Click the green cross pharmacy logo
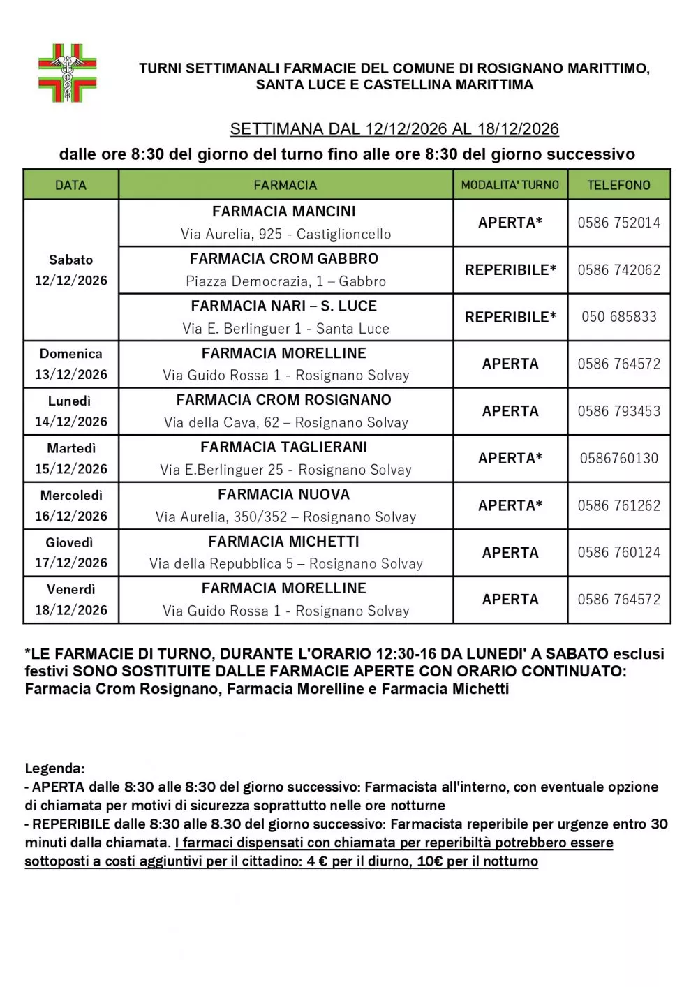pyautogui.click(x=67, y=73)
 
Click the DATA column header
pyautogui.click(x=70, y=185)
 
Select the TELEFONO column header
pyautogui.click(x=618, y=185)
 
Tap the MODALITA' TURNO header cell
pyautogui.click(x=510, y=185)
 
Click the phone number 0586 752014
pyautogui.click(x=618, y=223)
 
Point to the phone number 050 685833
pyautogui.click(x=618, y=317)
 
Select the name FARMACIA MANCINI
pyautogui.click(x=284, y=211)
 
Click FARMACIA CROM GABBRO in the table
pyautogui.click(x=284, y=259)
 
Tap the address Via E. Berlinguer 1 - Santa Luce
pyautogui.click(x=285, y=329)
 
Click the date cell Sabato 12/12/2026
pyautogui.click(x=71, y=270)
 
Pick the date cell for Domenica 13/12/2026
pyautogui.click(x=71, y=364)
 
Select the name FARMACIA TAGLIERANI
pyautogui.click(x=283, y=447)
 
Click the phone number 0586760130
pyautogui.click(x=618, y=459)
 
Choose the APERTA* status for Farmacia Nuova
pyautogui.click(x=510, y=505)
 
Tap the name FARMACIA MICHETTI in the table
pyautogui.click(x=283, y=542)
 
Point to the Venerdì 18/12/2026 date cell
pyautogui.click(x=71, y=600)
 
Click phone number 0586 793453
pyautogui.click(x=618, y=411)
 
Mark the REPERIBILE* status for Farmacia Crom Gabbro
pyautogui.click(x=510, y=270)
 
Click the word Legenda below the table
pyautogui.click(x=54, y=769)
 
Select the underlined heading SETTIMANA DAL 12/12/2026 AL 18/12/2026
pyautogui.click(x=394, y=129)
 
